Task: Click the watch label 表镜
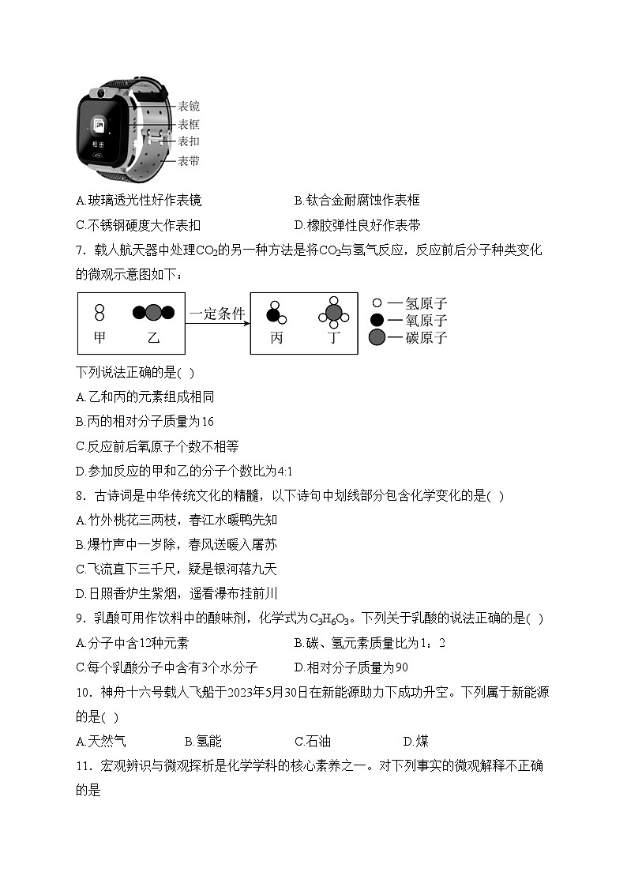point(188,106)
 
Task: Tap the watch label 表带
point(188,161)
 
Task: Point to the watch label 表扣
point(188,141)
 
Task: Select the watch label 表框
point(188,124)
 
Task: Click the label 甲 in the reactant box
point(99,337)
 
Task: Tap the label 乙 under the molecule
point(153,337)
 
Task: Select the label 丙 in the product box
point(276,337)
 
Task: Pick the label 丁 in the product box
point(334,337)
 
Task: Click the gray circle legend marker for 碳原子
point(377,338)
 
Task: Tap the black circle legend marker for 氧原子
point(377,320)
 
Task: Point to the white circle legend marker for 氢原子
point(377,303)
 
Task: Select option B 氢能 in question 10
point(203,741)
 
